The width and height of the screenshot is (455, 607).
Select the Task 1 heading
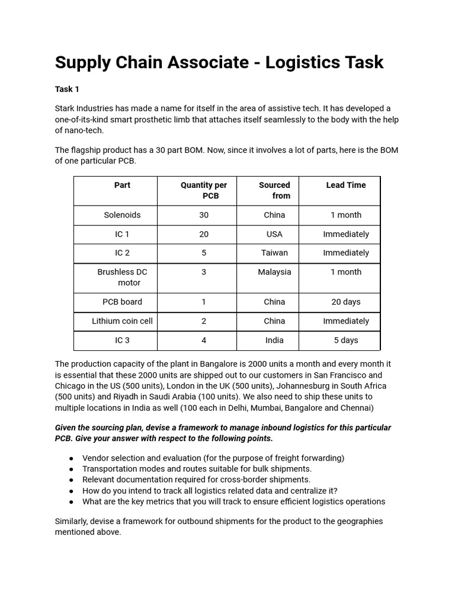click(x=67, y=89)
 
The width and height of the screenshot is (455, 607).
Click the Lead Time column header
click(x=346, y=185)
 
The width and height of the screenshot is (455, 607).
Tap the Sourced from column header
click(x=274, y=190)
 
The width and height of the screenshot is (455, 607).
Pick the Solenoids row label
click(x=122, y=215)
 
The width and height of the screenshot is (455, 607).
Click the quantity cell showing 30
click(x=204, y=215)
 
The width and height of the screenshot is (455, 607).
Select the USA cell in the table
click(x=274, y=234)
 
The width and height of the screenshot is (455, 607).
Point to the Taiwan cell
click(x=274, y=253)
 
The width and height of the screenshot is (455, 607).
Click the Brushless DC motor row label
click(x=123, y=277)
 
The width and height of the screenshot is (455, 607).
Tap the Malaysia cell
click(x=274, y=272)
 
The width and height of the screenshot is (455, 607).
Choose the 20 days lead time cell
click(x=346, y=302)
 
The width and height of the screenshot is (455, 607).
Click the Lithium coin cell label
click(x=122, y=321)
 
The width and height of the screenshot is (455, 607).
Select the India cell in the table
click(x=274, y=340)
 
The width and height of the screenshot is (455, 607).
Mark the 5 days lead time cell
click(x=346, y=340)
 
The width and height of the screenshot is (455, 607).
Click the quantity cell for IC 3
click(x=204, y=340)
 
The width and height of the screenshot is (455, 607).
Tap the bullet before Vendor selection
click(x=71, y=458)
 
